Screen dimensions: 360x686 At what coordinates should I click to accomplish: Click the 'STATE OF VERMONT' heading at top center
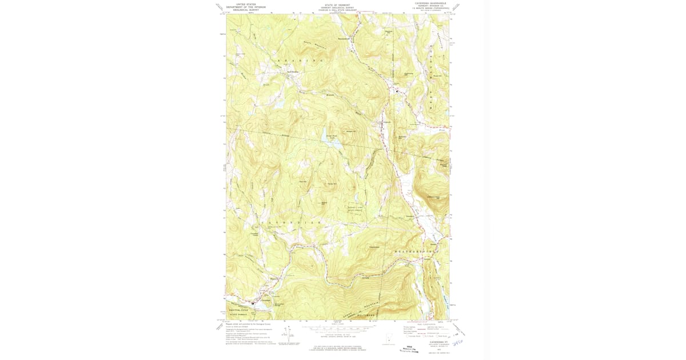(337, 3)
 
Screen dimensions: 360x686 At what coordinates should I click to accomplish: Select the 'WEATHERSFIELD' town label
(418, 251)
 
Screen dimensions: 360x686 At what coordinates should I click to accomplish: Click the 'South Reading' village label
(293, 71)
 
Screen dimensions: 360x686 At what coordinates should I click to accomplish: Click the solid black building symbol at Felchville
(398, 91)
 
